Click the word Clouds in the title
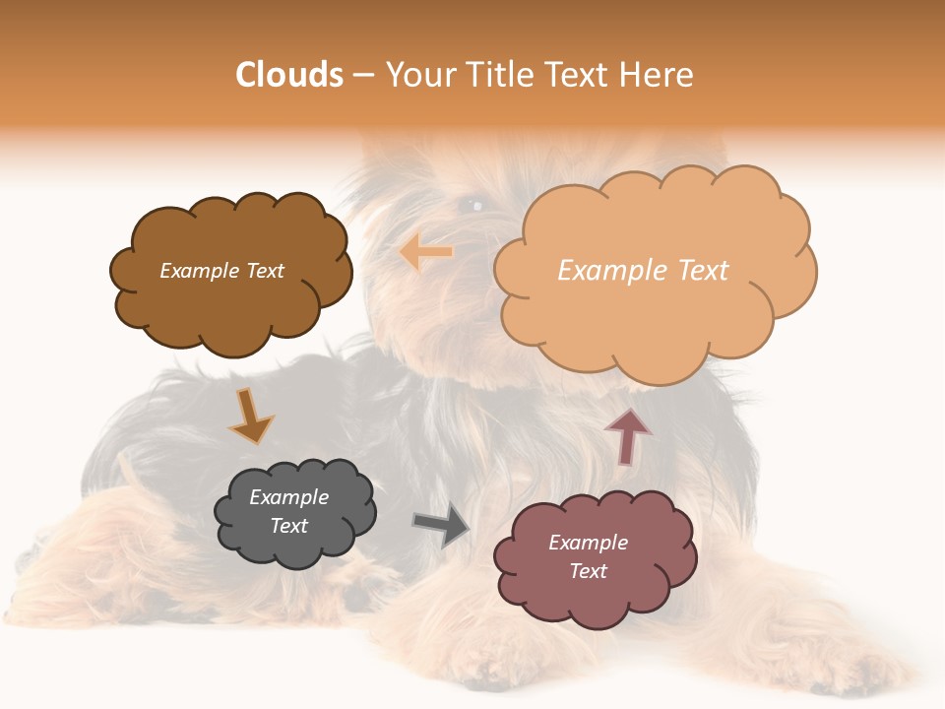click(289, 75)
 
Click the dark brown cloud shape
click(231, 295)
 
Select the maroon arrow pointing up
click(627, 435)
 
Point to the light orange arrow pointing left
click(426, 252)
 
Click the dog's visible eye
click(474, 205)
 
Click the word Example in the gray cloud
click(289, 497)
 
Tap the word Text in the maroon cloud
click(588, 571)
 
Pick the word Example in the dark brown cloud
click(200, 271)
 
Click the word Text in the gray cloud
click(289, 526)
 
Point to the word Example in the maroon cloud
click(588, 543)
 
